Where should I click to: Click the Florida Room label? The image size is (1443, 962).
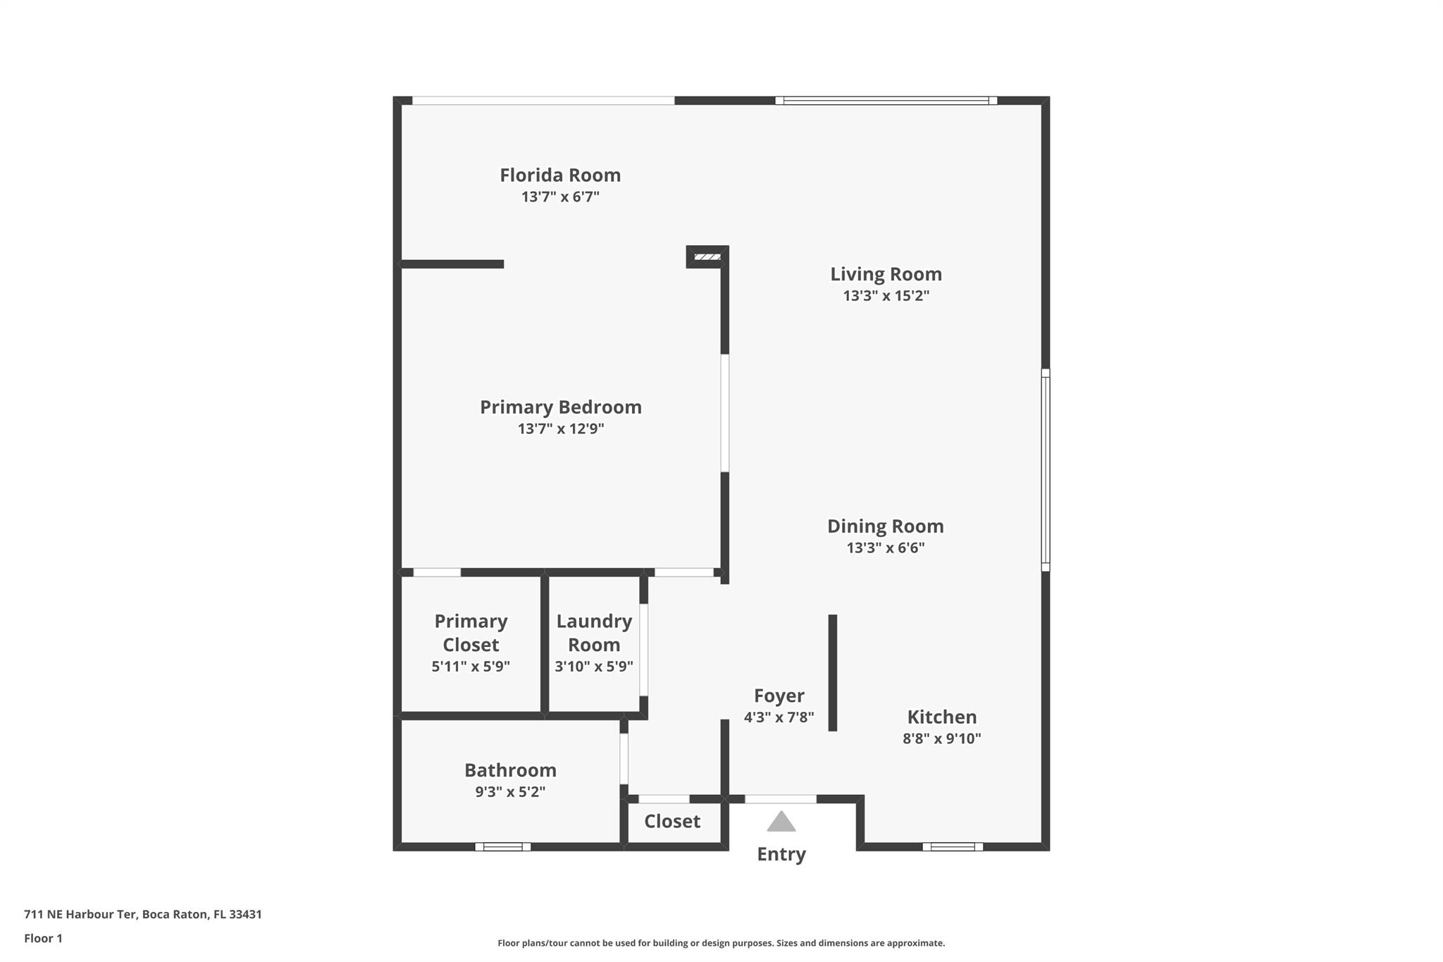[560, 175]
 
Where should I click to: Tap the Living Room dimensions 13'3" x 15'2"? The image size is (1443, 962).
[886, 296]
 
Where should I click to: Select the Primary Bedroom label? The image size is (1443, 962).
[560, 407]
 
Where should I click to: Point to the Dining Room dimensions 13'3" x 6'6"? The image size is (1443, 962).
[885, 548]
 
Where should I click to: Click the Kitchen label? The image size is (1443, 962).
[941, 717]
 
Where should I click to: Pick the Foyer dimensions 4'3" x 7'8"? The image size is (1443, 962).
[779, 717]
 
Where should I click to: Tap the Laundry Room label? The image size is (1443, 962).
[594, 632]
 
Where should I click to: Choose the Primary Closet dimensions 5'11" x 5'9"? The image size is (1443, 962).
[471, 666]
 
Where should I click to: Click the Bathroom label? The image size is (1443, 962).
[510, 770]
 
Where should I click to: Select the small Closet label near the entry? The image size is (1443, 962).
[672, 821]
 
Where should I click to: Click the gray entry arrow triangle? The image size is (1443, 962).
[781, 822]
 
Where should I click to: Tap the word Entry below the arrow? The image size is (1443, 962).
[781, 854]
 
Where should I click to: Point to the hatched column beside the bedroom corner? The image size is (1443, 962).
[707, 257]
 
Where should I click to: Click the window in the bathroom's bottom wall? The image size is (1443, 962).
[502, 846]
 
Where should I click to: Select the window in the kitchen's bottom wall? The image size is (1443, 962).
[952, 846]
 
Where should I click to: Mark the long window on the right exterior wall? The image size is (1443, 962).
[1046, 469]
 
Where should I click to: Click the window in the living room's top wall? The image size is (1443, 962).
[886, 101]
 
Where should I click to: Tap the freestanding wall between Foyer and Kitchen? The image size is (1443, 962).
[832, 672]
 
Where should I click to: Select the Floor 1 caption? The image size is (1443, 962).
[43, 938]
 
